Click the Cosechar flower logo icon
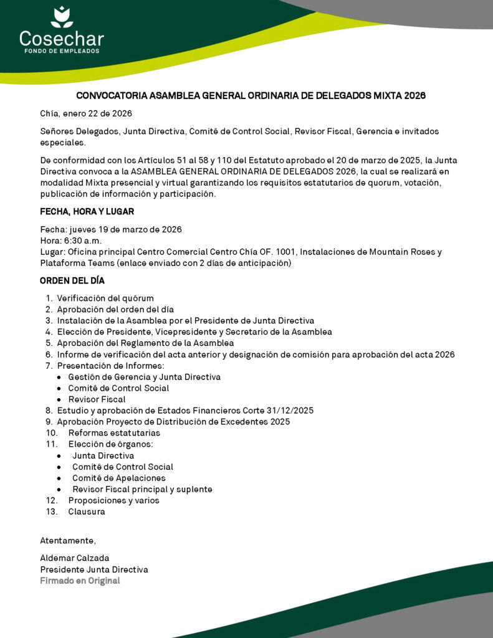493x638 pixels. pyautogui.click(x=62, y=17)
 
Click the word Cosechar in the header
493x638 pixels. pyautogui.click(x=61, y=39)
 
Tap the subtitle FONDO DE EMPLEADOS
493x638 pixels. pyautogui.click(x=61, y=51)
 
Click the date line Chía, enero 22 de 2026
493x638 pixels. pyautogui.click(x=86, y=113)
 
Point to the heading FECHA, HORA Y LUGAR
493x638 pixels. pyautogui.click(x=87, y=212)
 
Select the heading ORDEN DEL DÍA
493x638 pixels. pyautogui.click(x=72, y=281)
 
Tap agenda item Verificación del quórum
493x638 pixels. pyautogui.click(x=105, y=298)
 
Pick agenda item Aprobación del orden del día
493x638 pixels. pyautogui.click(x=115, y=310)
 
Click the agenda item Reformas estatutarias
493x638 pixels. pyautogui.click(x=114, y=433)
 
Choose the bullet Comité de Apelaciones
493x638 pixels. pyautogui.click(x=118, y=478)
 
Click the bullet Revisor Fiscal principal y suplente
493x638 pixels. pyautogui.click(x=142, y=489)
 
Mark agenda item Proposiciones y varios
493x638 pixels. pyautogui.click(x=113, y=500)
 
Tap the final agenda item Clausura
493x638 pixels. pyautogui.click(x=87, y=512)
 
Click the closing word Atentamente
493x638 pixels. pyautogui.click(x=68, y=540)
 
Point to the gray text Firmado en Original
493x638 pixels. pyautogui.click(x=80, y=581)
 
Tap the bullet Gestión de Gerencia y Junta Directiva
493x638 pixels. pyautogui.click(x=144, y=377)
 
